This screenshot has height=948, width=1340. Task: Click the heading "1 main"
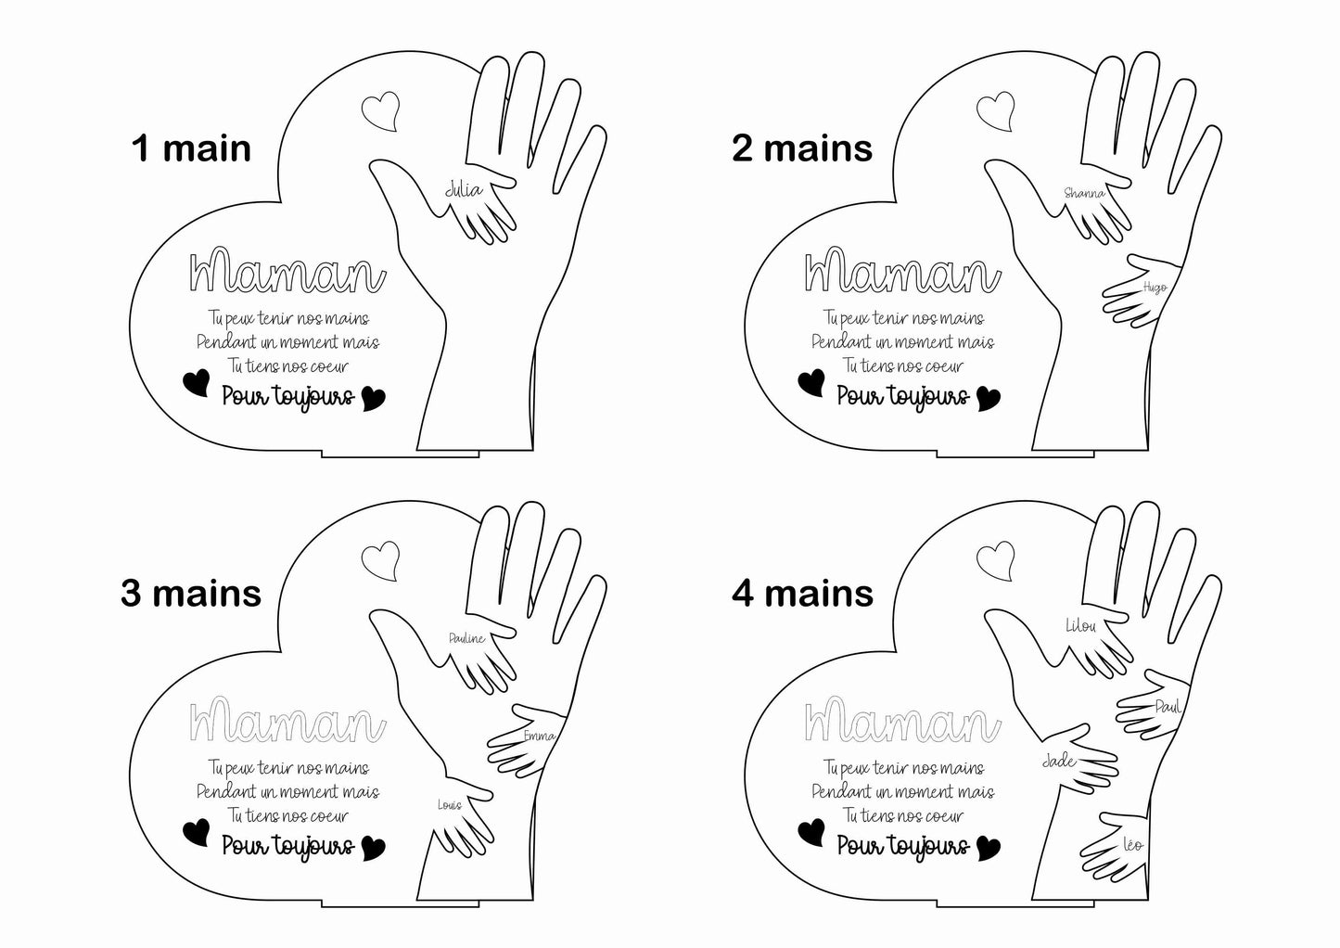point(191,148)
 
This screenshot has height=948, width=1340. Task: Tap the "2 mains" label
point(802,148)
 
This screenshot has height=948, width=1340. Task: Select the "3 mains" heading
point(191,594)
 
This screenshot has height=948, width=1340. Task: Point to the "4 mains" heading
point(802,594)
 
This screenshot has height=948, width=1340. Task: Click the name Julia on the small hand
point(464,190)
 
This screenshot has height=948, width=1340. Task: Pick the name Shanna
point(1084,193)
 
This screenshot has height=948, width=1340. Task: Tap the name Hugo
point(1155,288)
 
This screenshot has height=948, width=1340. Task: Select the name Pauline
point(467,638)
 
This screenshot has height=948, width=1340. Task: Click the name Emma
point(540,736)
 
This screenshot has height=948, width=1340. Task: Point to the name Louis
point(449,805)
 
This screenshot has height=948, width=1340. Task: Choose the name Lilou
point(1081,626)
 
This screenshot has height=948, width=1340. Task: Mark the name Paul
point(1168,707)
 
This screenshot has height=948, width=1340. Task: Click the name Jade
point(1059,761)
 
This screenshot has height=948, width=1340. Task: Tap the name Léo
point(1133,845)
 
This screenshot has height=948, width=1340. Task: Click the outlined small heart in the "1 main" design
point(380,111)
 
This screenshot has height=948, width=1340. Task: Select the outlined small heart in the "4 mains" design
point(995,561)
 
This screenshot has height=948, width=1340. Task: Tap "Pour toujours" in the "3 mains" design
point(288,847)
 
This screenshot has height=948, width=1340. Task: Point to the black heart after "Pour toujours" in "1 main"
point(374,399)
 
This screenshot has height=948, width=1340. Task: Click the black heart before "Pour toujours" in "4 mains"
point(811,832)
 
